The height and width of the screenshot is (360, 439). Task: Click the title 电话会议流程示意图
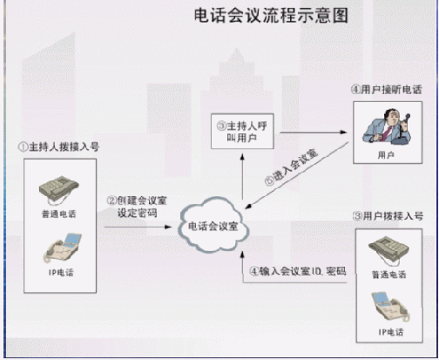click(x=271, y=16)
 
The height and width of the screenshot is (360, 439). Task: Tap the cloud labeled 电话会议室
click(x=213, y=225)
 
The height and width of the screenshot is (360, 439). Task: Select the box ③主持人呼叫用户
click(x=242, y=132)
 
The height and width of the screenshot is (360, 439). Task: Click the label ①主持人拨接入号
click(x=58, y=146)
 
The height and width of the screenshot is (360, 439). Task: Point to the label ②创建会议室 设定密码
click(x=137, y=207)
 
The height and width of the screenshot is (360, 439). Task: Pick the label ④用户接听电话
click(x=387, y=90)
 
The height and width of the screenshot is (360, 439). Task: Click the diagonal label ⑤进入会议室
click(x=291, y=167)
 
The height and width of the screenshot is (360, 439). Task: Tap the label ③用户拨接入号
click(x=388, y=216)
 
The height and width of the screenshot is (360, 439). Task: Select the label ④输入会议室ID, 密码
click(x=298, y=271)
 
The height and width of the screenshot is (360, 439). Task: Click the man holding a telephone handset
click(x=387, y=126)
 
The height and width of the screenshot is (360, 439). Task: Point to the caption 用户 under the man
click(x=386, y=155)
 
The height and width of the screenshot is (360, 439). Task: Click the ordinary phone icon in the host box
click(x=59, y=189)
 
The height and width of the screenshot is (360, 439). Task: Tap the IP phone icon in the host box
click(x=63, y=248)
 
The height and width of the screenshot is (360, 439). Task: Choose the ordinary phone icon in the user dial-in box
click(x=388, y=250)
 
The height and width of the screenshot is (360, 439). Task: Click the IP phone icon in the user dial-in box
click(x=390, y=307)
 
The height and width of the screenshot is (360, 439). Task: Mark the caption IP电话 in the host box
click(x=61, y=273)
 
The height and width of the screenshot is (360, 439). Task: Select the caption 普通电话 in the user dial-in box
click(x=389, y=275)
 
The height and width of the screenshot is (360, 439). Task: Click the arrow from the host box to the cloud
click(x=138, y=227)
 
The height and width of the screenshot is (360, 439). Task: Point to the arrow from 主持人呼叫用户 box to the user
click(x=314, y=132)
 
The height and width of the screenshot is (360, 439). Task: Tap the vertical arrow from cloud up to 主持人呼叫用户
click(x=242, y=177)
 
